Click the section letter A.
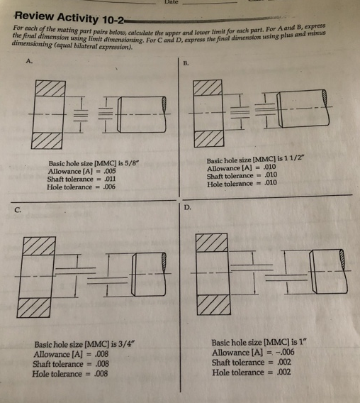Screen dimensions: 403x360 (x=29, y=61)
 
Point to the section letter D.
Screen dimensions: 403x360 (x=188, y=208)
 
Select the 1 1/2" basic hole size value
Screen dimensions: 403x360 (x=297, y=160)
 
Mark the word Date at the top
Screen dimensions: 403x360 (x=171, y=3)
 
